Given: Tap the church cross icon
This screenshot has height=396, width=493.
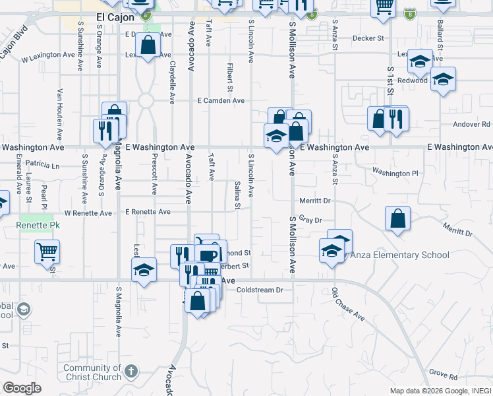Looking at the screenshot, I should pyautogui.click(x=131, y=372).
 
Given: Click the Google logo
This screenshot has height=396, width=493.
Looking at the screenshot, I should pyautogui.click(x=22, y=388).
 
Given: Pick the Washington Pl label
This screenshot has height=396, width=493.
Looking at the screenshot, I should pyautogui.click(x=395, y=173).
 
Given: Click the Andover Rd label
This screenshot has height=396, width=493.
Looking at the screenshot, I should pyautogui.click(x=472, y=124).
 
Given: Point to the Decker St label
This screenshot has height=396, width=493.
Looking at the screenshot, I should pyautogui.click(x=368, y=38).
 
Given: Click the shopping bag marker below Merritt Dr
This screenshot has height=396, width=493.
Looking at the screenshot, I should pyautogui.click(x=398, y=218).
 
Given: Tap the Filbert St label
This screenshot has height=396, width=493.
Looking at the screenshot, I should pyautogui.click(x=230, y=78).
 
